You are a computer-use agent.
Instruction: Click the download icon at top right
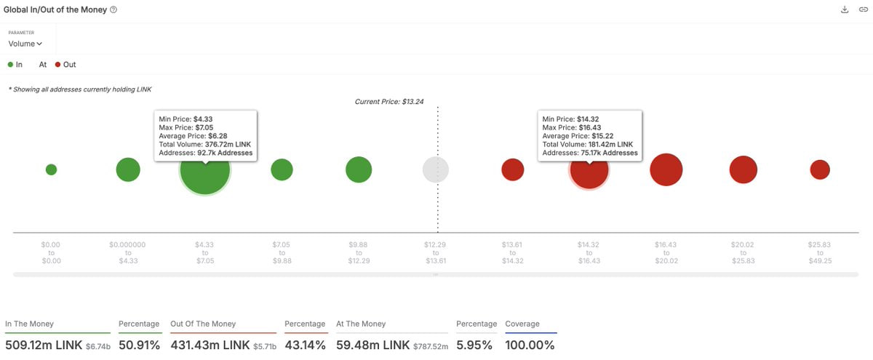[844, 9]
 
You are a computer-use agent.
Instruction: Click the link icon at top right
[863, 9]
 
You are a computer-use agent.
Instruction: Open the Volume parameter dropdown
[25, 44]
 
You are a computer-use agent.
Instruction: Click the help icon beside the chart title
[113, 9]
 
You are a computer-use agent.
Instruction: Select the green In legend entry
[15, 65]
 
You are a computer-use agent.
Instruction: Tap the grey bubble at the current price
[436, 169]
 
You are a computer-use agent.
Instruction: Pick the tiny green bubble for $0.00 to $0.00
[51, 169]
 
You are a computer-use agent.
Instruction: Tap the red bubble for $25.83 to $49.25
[820, 169]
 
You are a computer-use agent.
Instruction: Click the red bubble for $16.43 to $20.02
[666, 169]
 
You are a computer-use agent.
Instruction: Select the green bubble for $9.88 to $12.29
[359, 169]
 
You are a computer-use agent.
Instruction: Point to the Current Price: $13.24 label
[388, 102]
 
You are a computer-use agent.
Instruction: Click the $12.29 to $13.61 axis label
[436, 253]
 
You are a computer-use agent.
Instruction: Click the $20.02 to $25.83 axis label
[744, 253]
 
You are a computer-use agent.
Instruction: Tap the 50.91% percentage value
[139, 345]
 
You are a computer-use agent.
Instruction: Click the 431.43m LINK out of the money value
[209, 345]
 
